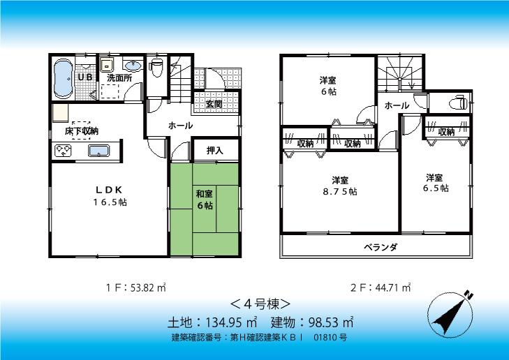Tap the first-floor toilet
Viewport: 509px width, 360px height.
(x=156, y=68)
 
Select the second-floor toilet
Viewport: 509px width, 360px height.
(x=457, y=103)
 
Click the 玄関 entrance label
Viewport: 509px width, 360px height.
(x=214, y=104)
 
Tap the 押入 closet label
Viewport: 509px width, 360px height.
(x=214, y=150)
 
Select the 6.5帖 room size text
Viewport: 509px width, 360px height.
(x=435, y=188)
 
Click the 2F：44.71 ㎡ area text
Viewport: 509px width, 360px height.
(x=380, y=287)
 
